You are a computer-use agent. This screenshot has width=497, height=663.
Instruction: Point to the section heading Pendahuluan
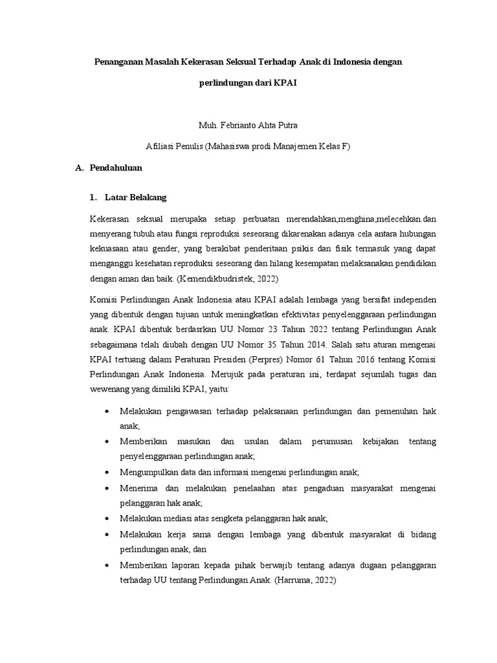[x=116, y=167]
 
